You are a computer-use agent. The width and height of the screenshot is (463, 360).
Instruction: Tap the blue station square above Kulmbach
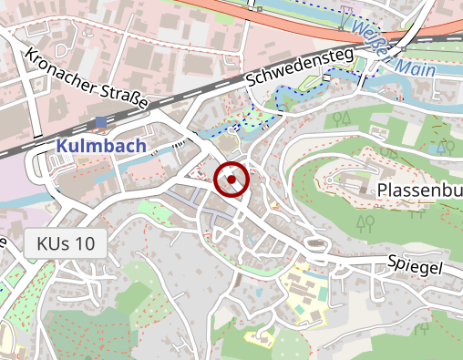(x=100, y=121)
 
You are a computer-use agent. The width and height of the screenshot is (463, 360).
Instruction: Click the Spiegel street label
(x=414, y=267)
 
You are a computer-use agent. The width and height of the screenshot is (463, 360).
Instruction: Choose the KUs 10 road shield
(x=66, y=244)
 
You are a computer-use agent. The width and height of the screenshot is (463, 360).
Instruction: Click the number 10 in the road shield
(x=84, y=244)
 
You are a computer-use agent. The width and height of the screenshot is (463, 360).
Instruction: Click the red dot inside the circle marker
(x=231, y=180)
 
